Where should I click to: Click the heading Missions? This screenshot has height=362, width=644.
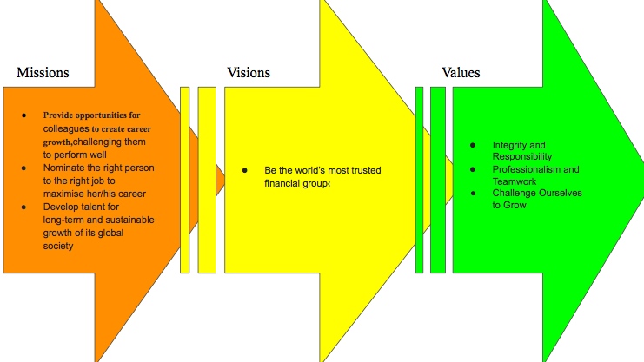click(43, 73)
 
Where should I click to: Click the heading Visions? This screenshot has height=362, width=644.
click(249, 73)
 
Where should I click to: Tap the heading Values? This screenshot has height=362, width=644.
click(461, 73)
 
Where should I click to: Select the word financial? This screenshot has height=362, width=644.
click(282, 184)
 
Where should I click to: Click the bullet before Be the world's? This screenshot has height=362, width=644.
click(246, 170)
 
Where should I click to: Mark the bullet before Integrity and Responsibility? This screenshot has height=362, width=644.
click(472, 145)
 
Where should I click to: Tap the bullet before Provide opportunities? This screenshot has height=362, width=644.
click(23, 115)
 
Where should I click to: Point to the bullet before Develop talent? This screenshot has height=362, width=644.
click(23, 207)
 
